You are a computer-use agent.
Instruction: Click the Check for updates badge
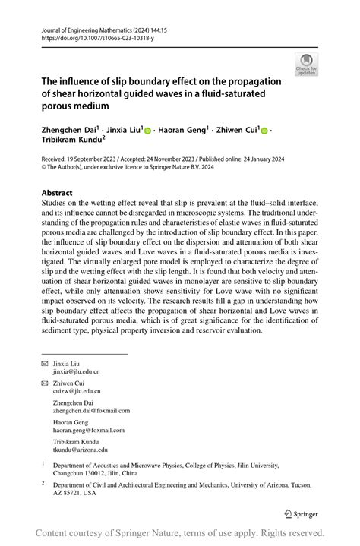pos(308,65)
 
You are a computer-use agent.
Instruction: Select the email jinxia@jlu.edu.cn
pos(76,372)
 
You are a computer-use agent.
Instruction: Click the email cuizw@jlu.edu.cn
pos(76,392)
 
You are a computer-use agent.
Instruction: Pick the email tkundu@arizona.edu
pos(81,450)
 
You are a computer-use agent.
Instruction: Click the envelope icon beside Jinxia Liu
pos(44,365)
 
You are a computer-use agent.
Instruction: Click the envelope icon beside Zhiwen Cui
pos(44,383)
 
